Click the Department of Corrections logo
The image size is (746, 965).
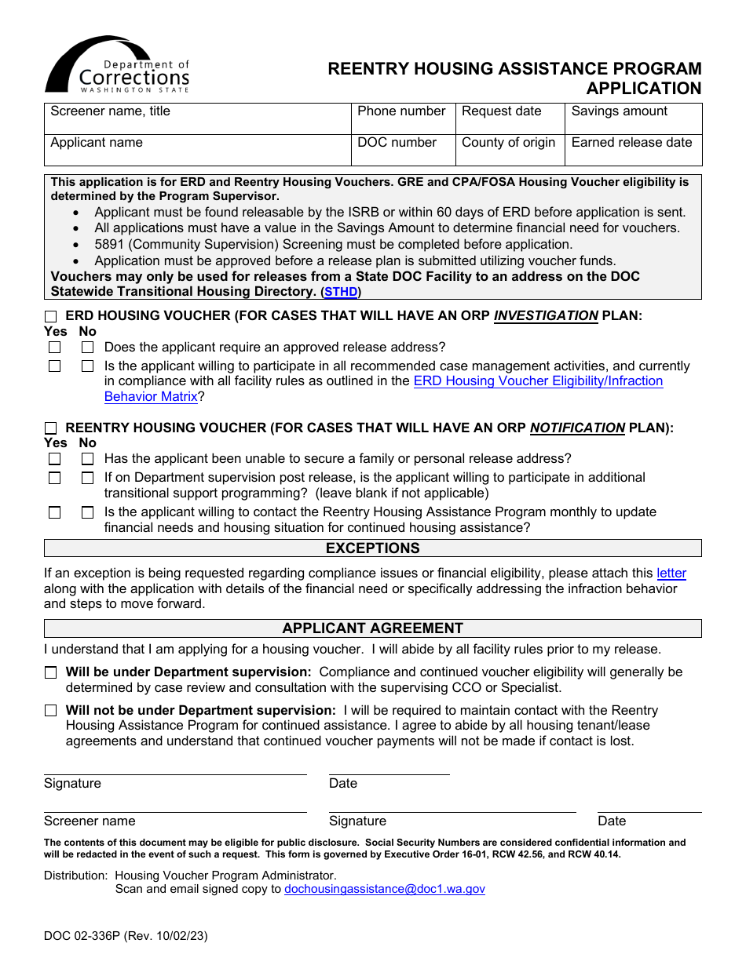click(x=118, y=66)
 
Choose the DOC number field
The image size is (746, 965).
click(x=403, y=151)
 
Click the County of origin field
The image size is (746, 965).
click(x=510, y=151)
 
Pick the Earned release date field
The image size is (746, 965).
click(x=633, y=151)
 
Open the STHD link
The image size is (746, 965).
click(x=341, y=292)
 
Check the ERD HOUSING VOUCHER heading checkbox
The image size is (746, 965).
click(x=51, y=316)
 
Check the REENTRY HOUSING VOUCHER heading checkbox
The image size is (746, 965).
click(x=51, y=428)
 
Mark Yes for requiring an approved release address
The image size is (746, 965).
click(x=54, y=347)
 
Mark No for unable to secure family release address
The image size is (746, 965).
click(x=87, y=459)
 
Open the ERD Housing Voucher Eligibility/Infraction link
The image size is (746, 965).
click(x=538, y=381)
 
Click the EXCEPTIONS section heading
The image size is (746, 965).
click(x=372, y=548)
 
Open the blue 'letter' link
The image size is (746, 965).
click(x=671, y=574)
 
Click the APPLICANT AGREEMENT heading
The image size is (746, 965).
click(x=372, y=628)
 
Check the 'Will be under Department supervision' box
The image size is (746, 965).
click(x=51, y=672)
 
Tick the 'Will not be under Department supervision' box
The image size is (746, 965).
click(x=51, y=711)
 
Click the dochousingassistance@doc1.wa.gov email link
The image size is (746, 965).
click(x=384, y=889)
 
